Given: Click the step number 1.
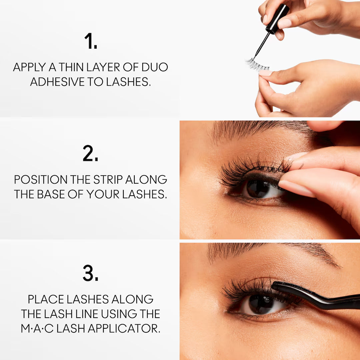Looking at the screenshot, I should [x=90, y=41].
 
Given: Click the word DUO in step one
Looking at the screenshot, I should [x=154, y=67].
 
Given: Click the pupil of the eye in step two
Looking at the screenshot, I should [x=258, y=188].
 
